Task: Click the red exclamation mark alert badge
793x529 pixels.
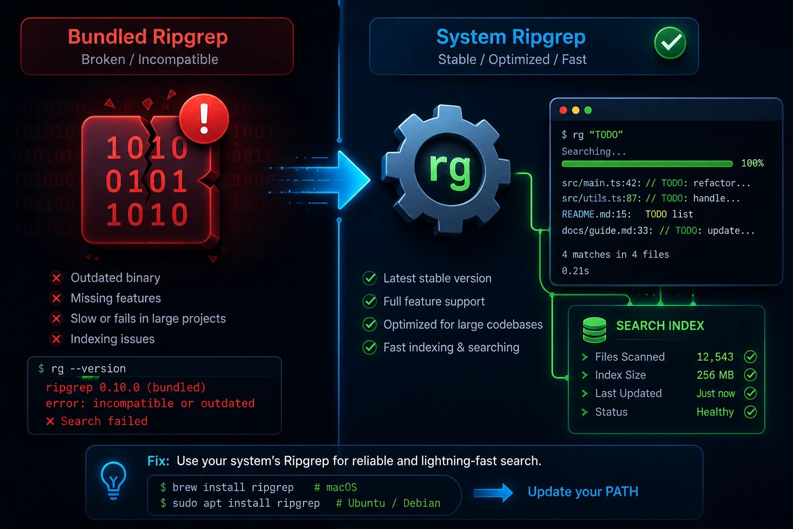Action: [204, 119]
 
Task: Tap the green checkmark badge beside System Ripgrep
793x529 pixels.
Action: [670, 43]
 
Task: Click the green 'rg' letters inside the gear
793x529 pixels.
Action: [450, 170]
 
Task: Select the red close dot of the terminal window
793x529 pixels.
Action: [563, 110]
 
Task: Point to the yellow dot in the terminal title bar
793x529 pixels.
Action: [576, 110]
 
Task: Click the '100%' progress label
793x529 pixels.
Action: [752, 163]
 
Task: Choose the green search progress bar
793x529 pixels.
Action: [647, 164]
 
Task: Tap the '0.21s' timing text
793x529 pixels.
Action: [575, 271]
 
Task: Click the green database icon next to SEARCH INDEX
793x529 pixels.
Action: [594, 330]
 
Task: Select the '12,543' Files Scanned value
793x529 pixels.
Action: [715, 357]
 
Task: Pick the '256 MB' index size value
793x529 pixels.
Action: [715, 375]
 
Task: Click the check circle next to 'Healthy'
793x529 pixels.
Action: [750, 412]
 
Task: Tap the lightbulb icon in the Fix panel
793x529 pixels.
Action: [113, 480]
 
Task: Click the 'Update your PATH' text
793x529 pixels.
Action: [583, 492]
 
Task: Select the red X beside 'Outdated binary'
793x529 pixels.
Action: [56, 278]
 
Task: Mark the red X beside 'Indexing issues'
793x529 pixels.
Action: [56, 339]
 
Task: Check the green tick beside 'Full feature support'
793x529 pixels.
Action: [370, 302]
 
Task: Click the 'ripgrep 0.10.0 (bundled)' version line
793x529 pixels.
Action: [125, 387]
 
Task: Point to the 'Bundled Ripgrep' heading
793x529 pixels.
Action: [148, 37]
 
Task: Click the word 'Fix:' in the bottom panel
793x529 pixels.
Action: [158, 461]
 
